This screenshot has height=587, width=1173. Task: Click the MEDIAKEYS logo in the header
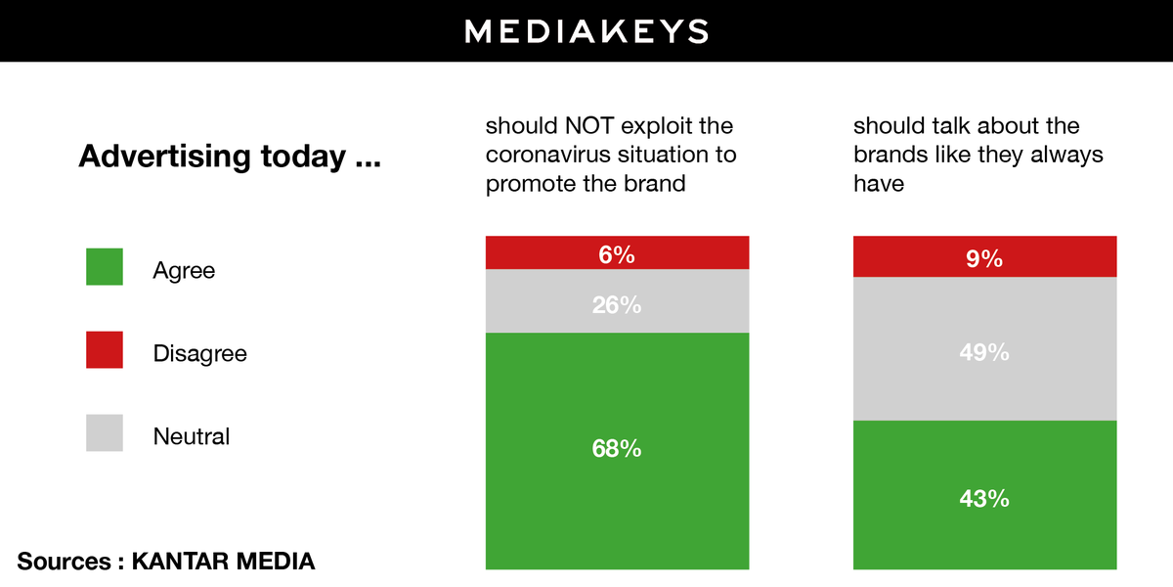(x=586, y=31)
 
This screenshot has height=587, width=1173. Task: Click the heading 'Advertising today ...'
(x=230, y=157)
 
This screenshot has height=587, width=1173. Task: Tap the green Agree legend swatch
(x=105, y=267)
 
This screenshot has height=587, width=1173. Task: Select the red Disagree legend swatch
(x=105, y=350)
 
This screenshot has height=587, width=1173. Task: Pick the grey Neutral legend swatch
(x=105, y=433)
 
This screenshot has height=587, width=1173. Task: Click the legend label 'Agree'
(x=184, y=271)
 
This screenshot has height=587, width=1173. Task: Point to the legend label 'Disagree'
(x=200, y=353)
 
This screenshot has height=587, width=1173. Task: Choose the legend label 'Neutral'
(x=192, y=436)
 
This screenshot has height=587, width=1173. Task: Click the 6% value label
(x=617, y=255)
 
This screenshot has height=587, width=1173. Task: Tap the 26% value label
(x=617, y=305)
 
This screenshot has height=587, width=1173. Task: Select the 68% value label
(x=617, y=449)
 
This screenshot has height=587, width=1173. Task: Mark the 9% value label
(x=984, y=259)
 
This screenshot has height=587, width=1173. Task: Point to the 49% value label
(x=984, y=352)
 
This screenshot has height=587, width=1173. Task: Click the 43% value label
(x=984, y=499)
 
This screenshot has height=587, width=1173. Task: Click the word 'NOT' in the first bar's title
(x=586, y=126)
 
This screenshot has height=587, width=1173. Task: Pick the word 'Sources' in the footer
(x=65, y=562)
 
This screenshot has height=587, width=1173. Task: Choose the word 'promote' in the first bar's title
(x=529, y=183)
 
